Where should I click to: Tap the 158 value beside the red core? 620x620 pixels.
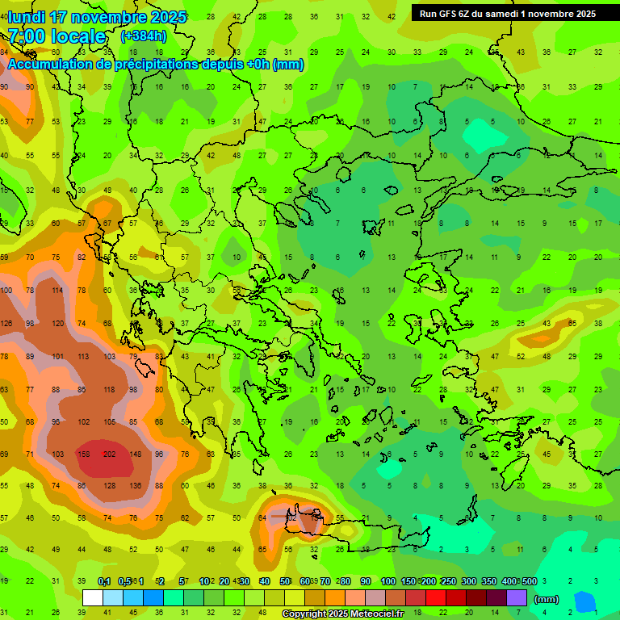point(82,455)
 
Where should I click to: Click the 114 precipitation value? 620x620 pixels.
point(57,291)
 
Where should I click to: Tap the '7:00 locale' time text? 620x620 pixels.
point(57,36)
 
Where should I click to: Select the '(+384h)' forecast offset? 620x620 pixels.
point(144,36)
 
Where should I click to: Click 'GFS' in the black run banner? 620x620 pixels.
point(449,14)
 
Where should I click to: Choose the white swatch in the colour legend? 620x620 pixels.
point(93,597)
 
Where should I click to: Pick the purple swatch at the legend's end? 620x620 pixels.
point(517,597)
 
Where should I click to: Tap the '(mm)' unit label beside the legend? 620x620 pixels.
point(547,600)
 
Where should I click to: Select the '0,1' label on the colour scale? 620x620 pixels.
point(104,581)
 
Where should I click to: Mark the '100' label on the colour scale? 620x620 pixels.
point(387,581)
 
